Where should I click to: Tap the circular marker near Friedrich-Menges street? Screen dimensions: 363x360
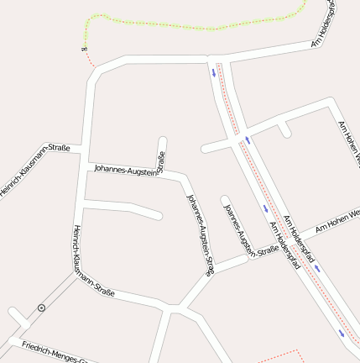click(42, 308)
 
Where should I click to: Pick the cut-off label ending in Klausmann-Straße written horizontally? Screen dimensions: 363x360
click(34, 172)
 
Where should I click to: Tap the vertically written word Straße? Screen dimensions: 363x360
click(161, 159)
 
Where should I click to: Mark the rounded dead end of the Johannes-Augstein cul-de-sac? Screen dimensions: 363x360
click(225, 201)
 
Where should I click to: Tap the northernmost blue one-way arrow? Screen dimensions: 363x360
click(213, 71)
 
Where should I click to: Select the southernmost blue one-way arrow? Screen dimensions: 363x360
click(342, 334)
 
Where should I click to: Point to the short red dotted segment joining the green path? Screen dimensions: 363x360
click(90, 59)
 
